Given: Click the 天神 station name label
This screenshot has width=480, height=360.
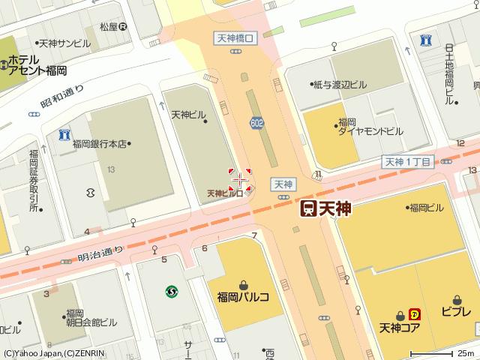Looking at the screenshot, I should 335,209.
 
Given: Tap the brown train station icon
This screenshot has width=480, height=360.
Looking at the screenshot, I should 307,209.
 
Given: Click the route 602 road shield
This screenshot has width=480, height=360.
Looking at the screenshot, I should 257,123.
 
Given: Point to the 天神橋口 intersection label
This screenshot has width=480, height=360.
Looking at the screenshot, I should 237,36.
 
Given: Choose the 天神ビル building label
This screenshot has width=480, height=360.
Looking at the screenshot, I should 188,115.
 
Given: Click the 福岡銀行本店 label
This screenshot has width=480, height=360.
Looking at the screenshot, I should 101,143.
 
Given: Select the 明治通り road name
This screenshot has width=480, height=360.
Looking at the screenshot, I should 99,253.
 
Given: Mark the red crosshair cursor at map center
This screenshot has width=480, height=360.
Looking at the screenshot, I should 240,180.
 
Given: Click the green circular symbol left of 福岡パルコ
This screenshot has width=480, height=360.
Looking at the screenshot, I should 172,292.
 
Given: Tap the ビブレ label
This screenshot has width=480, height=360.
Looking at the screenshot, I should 456,311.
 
